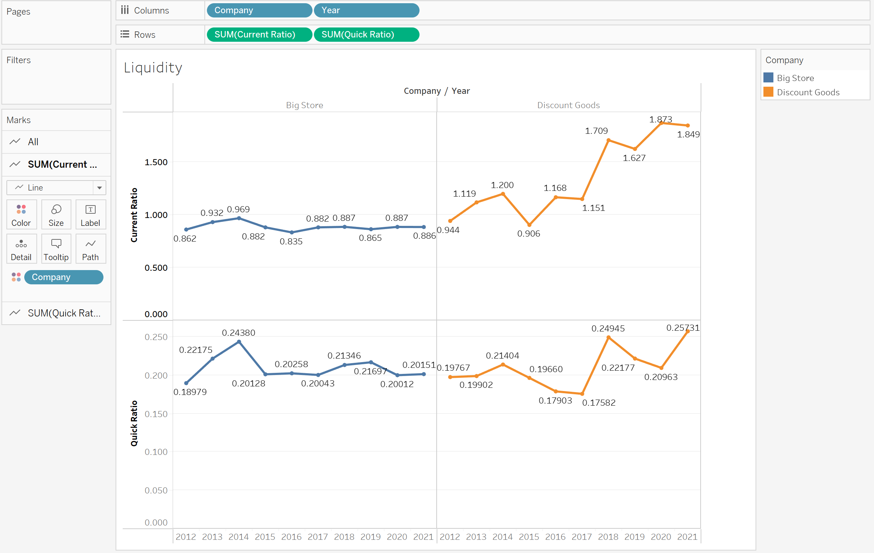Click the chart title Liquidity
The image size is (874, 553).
tap(153, 68)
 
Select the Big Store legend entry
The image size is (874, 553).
tap(795, 78)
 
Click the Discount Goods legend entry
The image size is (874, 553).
tap(808, 92)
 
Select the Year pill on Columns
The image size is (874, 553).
tap(366, 10)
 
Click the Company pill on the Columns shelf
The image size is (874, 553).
tap(259, 10)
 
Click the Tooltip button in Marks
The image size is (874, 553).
tap(56, 249)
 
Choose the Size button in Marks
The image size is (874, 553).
tap(56, 215)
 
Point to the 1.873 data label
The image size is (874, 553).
tap(660, 120)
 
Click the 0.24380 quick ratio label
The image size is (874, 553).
tap(238, 333)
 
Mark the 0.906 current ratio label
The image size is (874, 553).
tap(528, 233)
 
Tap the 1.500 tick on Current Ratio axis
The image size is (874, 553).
tap(156, 162)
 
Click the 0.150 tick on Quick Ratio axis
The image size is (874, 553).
tap(156, 414)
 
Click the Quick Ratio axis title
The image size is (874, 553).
tap(134, 423)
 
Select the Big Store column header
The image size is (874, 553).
tap(304, 105)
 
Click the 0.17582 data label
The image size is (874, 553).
tap(599, 403)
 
